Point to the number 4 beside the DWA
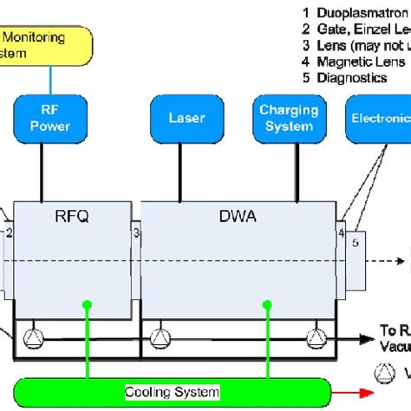(x=341, y=232)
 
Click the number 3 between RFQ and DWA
(x=135, y=232)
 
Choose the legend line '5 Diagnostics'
(x=342, y=77)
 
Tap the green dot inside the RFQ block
(x=86, y=304)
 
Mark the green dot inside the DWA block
(x=261, y=304)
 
